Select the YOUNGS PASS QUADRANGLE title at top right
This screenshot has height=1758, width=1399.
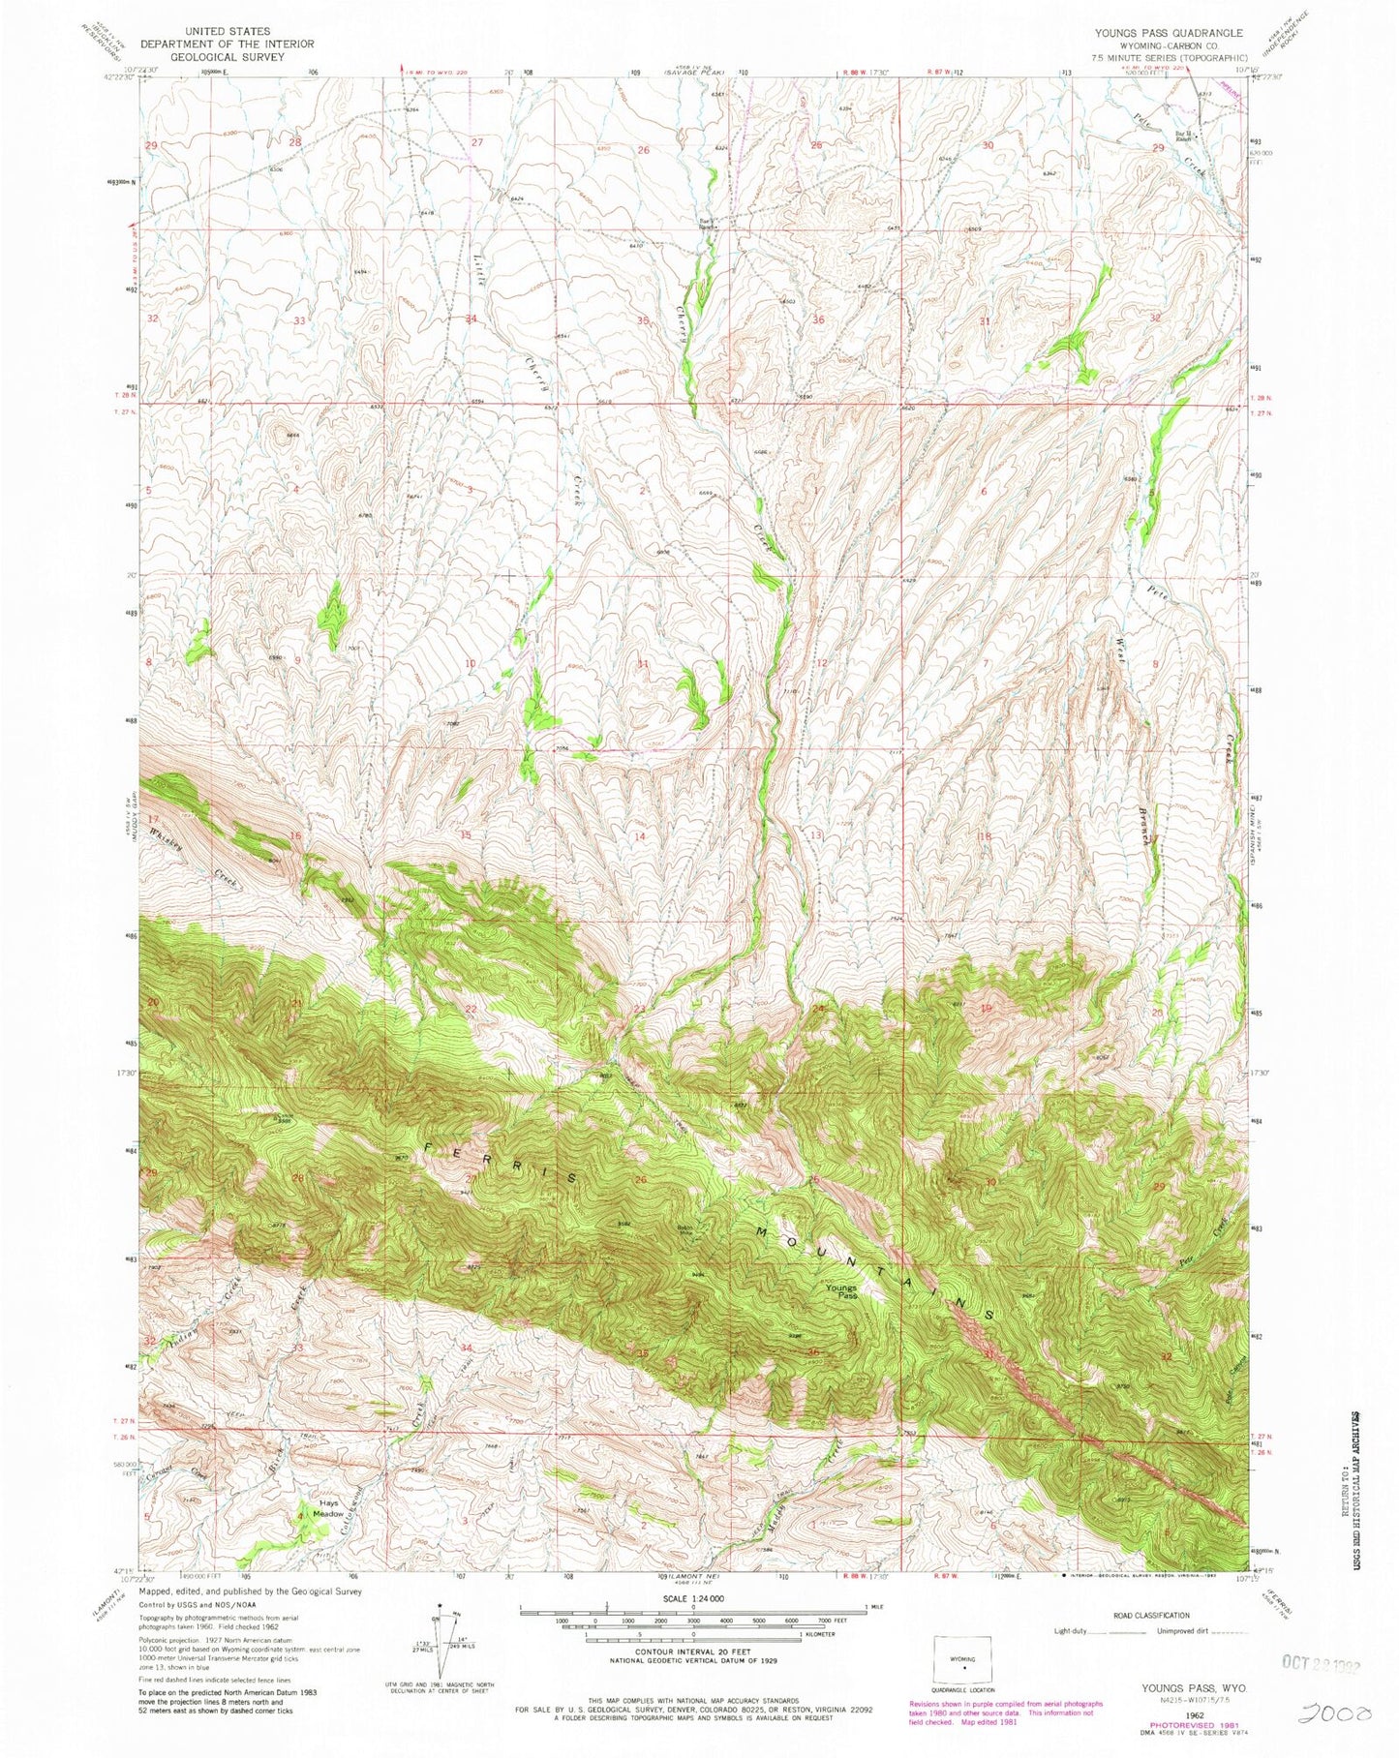point(1169,32)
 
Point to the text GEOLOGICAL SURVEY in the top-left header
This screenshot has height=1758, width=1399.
point(227,57)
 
